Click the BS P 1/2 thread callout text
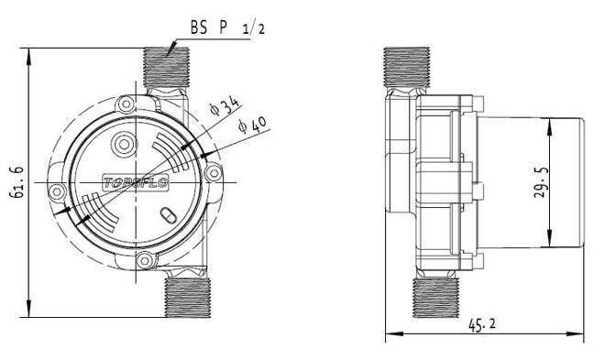tap(227, 27)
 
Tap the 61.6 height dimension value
tap(18, 182)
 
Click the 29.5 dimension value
tap(541, 182)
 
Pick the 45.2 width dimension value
tap(482, 325)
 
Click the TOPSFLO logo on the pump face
tap(137, 182)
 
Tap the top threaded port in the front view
tap(166, 67)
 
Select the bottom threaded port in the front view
tap(188, 298)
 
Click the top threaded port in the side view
tap(407, 67)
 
